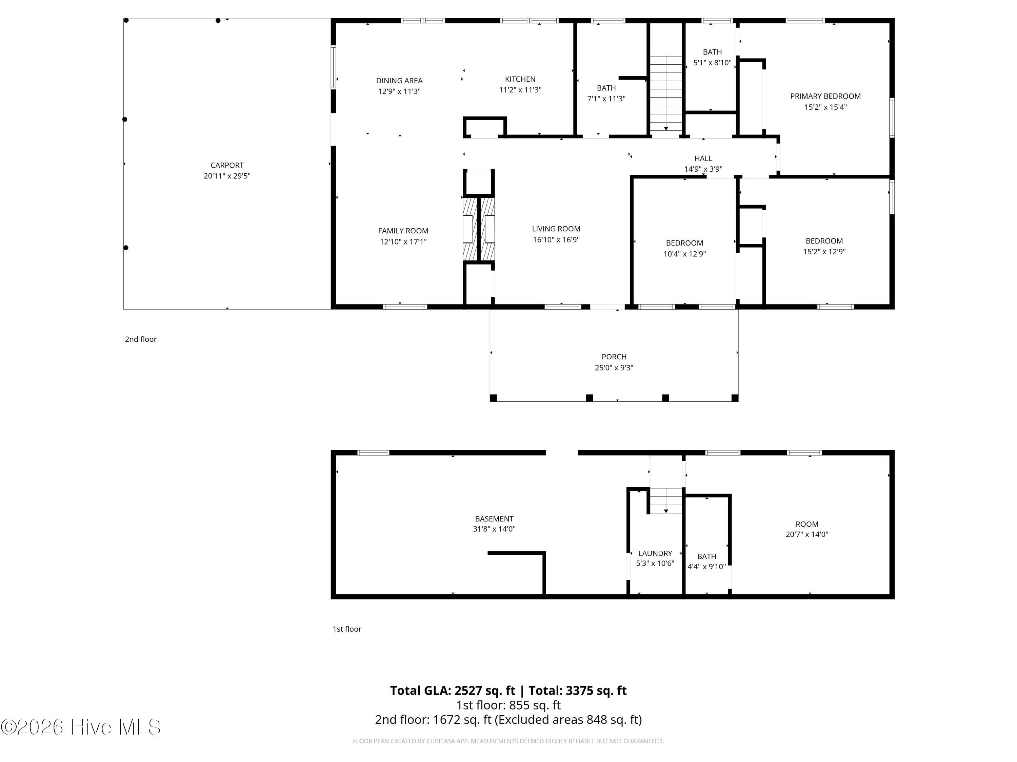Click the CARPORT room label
tap(227, 165)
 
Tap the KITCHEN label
tap(520, 79)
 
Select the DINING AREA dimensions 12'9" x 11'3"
tap(399, 91)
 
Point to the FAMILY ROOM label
tap(403, 231)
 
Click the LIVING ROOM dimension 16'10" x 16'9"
tap(556, 240)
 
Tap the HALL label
tap(703, 158)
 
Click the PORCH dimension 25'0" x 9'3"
tap(614, 367)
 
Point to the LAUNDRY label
tap(655, 553)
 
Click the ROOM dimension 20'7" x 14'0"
tap(807, 534)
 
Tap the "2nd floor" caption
tap(141, 339)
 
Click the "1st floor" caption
tap(347, 629)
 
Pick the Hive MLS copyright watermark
tap(81, 727)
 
